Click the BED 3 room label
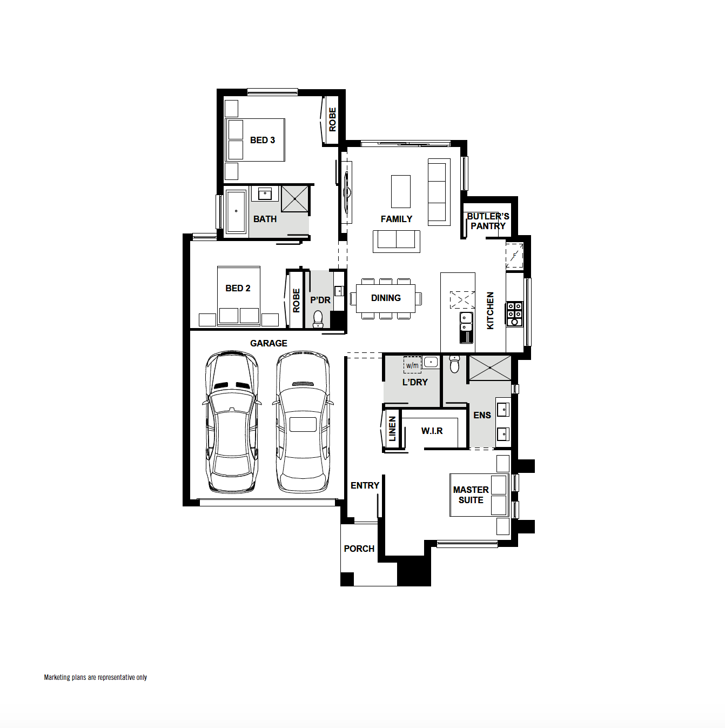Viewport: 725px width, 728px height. click(x=263, y=140)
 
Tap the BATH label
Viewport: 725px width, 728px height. click(x=265, y=219)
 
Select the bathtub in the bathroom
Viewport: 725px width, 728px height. click(x=236, y=211)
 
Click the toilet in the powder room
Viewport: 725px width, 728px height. click(x=318, y=318)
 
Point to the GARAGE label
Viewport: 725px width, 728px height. click(x=268, y=343)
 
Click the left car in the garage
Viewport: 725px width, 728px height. click(x=231, y=422)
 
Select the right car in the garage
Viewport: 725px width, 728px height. click(x=303, y=422)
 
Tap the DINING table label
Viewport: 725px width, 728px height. click(x=386, y=298)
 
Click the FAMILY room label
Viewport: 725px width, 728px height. click(x=396, y=219)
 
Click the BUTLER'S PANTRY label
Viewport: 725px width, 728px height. click(x=488, y=221)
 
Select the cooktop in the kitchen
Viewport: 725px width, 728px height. click(x=514, y=314)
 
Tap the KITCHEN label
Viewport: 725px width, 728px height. click(x=490, y=310)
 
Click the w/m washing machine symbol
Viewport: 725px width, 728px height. click(x=412, y=365)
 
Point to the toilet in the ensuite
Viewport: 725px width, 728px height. click(x=454, y=365)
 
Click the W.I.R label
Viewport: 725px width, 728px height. click(x=432, y=431)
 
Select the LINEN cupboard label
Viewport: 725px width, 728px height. click(x=392, y=429)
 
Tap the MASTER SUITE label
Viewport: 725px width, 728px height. click(x=471, y=495)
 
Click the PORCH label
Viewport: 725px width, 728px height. click(x=359, y=549)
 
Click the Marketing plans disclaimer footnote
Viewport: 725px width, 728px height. click(x=95, y=677)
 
